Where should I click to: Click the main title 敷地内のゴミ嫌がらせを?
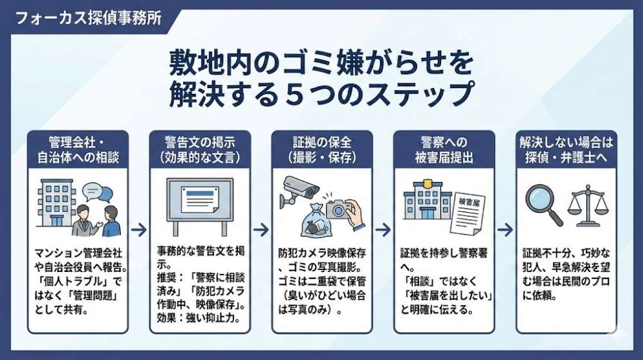pos(321,64)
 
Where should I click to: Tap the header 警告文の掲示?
pos(199,149)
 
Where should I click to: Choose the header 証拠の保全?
pos(321,149)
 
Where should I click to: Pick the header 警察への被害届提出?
pos(444,149)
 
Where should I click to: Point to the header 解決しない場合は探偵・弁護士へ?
pos(566,149)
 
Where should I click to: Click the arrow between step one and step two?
pos(138,230)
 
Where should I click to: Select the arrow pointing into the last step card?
pos(505,230)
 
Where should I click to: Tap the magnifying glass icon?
pos(543,204)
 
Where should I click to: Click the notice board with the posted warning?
pos(199,204)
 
